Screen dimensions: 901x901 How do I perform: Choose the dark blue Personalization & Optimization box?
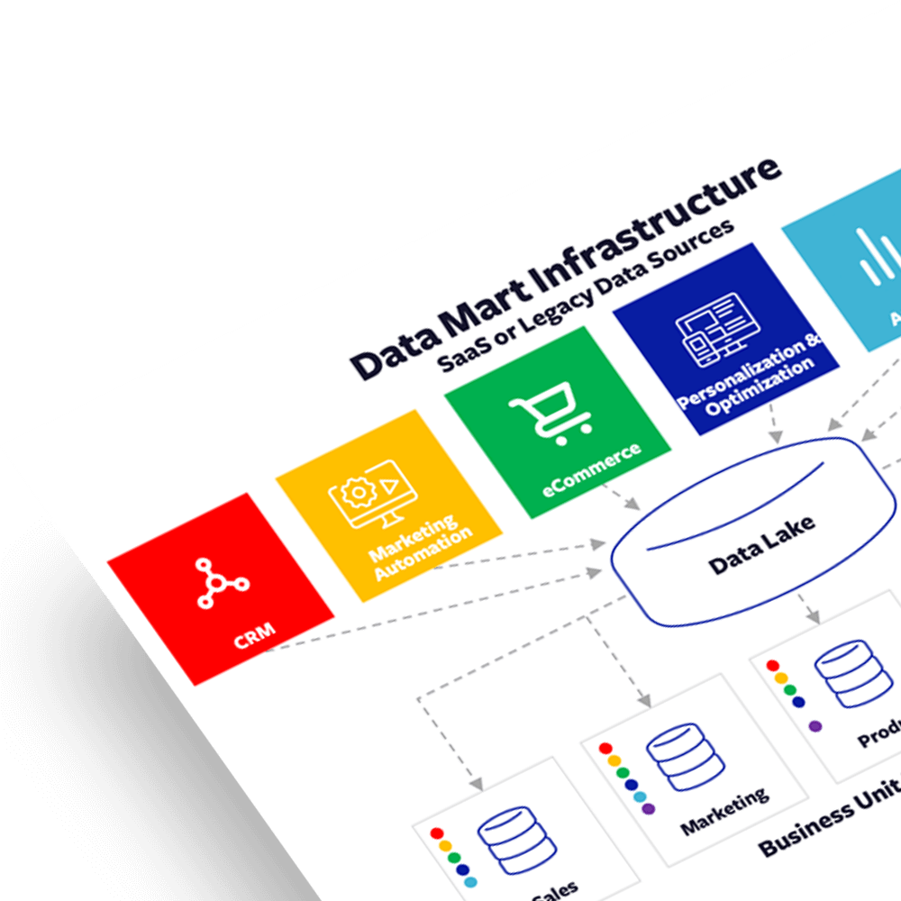tap(726, 339)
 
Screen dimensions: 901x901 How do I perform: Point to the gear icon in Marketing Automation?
tap(358, 493)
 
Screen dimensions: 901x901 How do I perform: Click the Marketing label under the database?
tap(724, 810)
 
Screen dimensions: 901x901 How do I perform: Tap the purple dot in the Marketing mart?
tap(648, 809)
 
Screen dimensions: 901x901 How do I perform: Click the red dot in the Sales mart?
tap(437, 833)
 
